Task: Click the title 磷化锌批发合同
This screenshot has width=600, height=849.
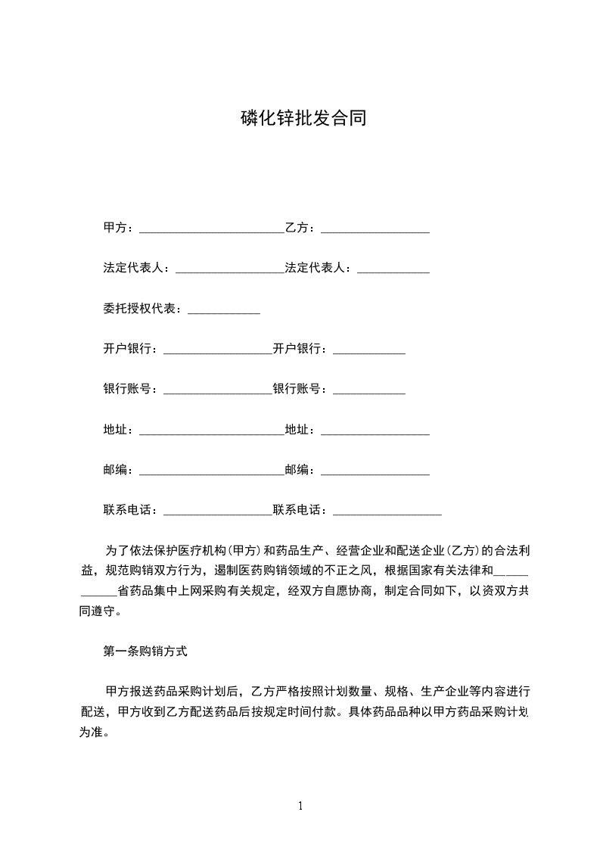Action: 302,118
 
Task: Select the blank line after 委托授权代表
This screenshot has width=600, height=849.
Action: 223,310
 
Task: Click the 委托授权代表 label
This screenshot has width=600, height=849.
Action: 140,309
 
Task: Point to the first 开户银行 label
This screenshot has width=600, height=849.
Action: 128,349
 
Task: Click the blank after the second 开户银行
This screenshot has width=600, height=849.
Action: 369,351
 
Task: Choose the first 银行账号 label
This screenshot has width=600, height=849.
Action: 128,389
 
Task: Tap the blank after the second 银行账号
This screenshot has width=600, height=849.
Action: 369,392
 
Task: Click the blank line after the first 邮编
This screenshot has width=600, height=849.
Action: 212,472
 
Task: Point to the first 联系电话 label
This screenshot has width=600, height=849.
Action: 128,510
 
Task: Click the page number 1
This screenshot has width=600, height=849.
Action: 300,807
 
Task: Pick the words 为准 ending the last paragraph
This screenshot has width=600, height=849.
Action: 92,732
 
